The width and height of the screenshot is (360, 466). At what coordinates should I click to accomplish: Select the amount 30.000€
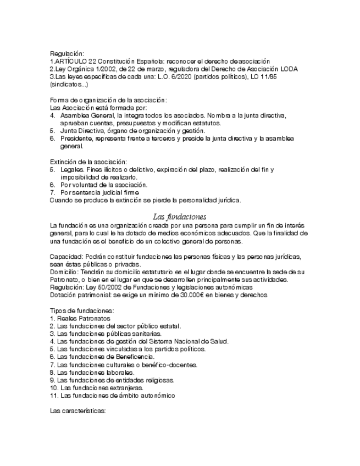click(x=196, y=295)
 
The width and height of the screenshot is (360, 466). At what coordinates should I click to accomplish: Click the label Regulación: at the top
click(x=67, y=53)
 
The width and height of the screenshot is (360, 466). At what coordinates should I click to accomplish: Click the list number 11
click(x=53, y=395)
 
